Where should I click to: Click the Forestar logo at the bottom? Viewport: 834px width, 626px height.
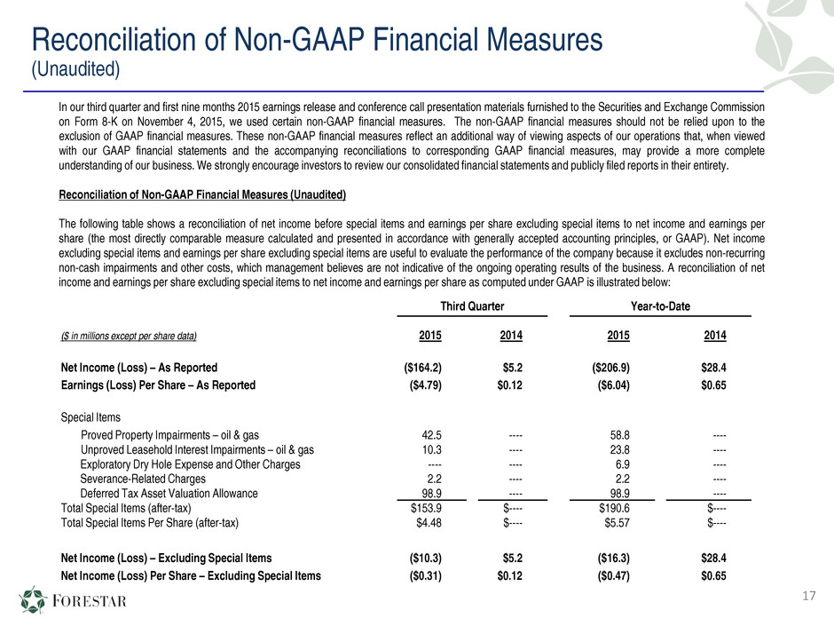tap(73, 600)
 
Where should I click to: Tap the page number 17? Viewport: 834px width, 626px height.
tap(808, 596)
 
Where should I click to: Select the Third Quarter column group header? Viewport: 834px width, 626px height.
tap(472, 306)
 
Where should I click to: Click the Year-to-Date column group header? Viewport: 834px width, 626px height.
tap(660, 306)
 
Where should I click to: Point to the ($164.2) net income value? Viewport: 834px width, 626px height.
tap(423, 368)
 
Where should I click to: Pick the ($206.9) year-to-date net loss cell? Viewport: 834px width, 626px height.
tap(610, 368)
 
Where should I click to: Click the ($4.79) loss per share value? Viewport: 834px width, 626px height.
tap(425, 384)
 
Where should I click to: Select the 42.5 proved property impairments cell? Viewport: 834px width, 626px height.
tap(431, 435)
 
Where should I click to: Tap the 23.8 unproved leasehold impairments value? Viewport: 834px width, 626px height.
tap(619, 450)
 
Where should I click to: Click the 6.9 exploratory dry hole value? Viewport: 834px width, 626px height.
tap(622, 464)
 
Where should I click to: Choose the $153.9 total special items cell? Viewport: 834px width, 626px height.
tap(426, 508)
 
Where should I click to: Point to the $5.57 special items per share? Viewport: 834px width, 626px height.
tap(617, 523)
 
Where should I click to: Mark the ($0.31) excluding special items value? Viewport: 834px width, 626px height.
tap(425, 575)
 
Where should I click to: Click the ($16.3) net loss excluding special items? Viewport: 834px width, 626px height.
tap(613, 558)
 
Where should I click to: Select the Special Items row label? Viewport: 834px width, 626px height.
tap(90, 417)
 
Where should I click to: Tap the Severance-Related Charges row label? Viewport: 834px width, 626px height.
tap(143, 479)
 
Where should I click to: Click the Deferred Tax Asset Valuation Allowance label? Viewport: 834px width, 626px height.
tap(169, 494)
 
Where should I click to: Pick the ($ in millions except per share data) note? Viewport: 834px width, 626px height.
tap(129, 336)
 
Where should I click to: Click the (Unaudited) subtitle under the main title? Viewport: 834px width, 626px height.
tap(75, 69)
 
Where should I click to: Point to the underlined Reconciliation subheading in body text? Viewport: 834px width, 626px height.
tap(202, 194)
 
